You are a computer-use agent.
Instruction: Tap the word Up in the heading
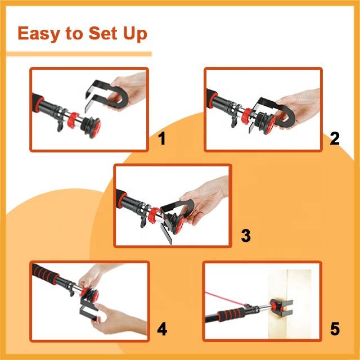[x=135, y=34]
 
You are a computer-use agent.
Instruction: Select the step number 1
[x=162, y=138]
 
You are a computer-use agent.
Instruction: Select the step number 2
[x=335, y=138]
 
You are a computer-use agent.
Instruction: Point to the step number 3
[x=246, y=235]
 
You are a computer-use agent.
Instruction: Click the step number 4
[x=162, y=329]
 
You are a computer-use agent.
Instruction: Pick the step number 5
[x=335, y=329]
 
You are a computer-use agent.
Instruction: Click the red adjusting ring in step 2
[x=247, y=115]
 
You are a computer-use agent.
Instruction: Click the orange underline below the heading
[x=79, y=54]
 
